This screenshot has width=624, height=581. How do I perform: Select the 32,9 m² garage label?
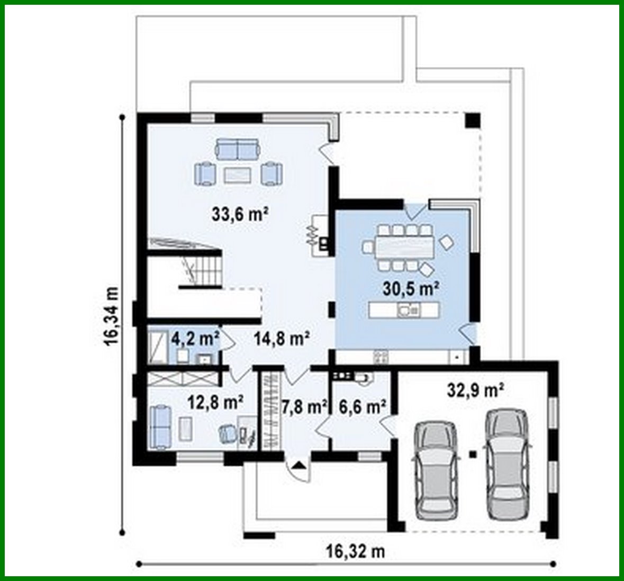tap(475, 391)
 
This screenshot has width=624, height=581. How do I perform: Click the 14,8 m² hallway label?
tap(281, 338)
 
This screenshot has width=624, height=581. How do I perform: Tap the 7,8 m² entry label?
tap(304, 406)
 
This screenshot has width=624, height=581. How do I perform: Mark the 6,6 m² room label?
tap(363, 406)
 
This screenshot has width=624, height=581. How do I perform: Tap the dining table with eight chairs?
tap(405, 247)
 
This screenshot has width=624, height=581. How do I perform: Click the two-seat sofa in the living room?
tap(238, 149)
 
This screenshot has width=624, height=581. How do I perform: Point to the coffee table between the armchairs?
tap(237, 175)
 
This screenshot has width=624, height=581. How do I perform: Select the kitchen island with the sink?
tap(404, 310)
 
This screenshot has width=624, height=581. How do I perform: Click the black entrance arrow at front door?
tap(299, 466)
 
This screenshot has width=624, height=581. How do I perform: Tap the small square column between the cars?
tap(473, 453)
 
